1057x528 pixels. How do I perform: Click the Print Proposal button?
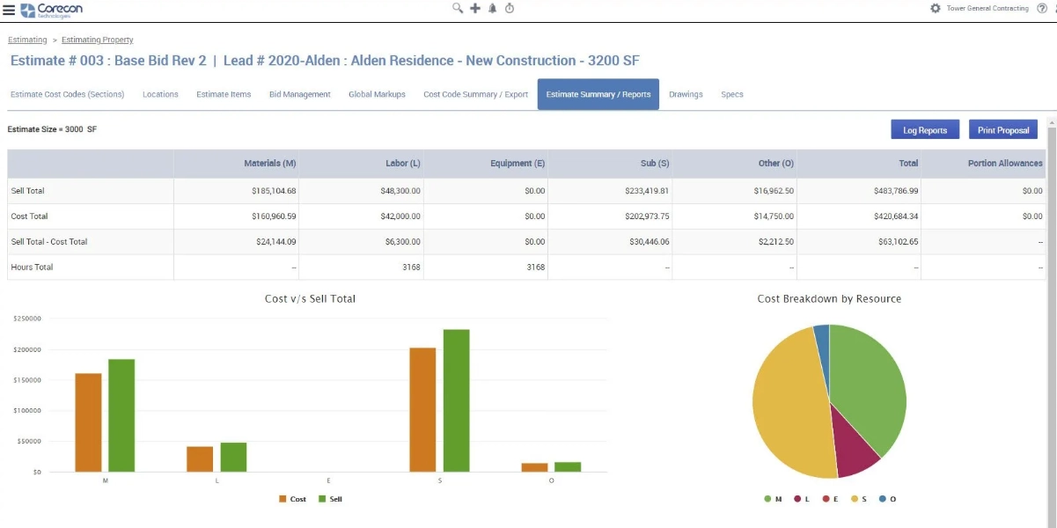coord(1002,130)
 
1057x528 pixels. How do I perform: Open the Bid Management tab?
coord(299,94)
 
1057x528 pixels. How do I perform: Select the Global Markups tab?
coord(377,94)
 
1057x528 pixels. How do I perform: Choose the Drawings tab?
coord(686,94)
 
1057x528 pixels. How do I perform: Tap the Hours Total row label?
coord(32,268)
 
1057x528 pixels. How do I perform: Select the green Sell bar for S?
coord(457,400)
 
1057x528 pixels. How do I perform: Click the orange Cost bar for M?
coord(88,422)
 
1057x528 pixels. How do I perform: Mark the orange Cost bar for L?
coord(200,458)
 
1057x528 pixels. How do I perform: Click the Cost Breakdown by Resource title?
coord(829,299)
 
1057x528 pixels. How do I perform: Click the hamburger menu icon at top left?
coord(9,9)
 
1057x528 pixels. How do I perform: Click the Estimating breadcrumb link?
coord(27,40)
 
